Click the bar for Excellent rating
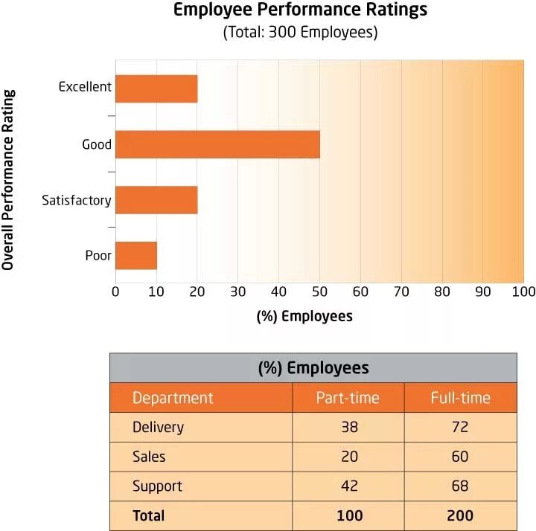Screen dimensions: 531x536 156,88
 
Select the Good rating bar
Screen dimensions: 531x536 217,144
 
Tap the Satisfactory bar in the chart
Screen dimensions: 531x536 156,200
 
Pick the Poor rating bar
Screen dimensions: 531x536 136,255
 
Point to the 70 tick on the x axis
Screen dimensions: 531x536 401,291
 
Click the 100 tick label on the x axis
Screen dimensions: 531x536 523,291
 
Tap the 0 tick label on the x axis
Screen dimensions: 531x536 115,291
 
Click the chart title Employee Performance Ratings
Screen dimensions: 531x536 301,10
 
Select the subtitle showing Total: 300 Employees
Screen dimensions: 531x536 301,33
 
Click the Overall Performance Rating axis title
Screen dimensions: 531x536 10,180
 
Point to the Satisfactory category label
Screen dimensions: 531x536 77,200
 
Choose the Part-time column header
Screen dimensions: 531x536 348,398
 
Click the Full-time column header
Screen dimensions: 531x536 460,398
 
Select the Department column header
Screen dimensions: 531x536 173,398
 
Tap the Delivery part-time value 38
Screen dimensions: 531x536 348,428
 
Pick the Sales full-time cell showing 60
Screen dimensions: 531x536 460,457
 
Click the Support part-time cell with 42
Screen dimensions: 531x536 348,486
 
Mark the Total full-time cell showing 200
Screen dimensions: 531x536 460,515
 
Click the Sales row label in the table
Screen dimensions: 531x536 149,457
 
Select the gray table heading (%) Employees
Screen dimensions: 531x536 313,368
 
